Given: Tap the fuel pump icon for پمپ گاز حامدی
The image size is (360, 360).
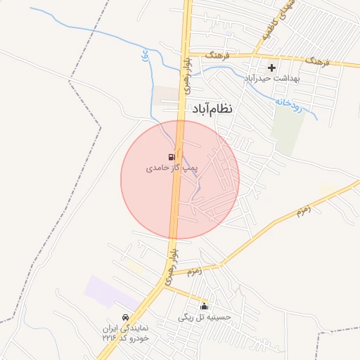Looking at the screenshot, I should (172, 156).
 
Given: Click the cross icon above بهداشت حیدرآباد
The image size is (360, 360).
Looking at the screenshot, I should (271, 67).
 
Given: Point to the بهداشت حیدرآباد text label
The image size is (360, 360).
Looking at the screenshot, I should (271, 78).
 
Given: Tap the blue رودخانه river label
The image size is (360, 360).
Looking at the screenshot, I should (288, 103).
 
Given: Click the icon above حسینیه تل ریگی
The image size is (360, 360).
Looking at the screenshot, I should (205, 306).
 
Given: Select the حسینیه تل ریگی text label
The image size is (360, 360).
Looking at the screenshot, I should (205, 318).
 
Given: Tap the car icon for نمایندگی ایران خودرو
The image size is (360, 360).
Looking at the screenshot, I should (125, 317).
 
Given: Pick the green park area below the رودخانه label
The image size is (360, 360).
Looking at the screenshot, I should (287, 130).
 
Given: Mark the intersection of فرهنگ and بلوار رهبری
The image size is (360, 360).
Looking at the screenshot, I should (188, 53).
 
